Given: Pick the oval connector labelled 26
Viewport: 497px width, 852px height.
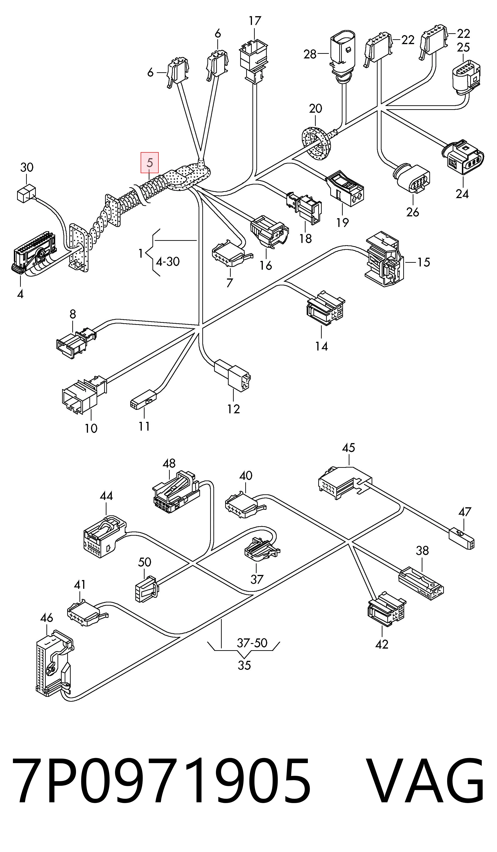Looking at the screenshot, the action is (x=412, y=178).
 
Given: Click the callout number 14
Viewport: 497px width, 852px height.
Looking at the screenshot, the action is (x=321, y=346).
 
